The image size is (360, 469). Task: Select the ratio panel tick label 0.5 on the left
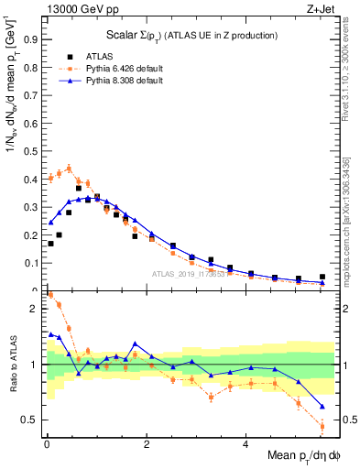(x=30, y=420)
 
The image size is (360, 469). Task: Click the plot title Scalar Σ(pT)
(x=183, y=36)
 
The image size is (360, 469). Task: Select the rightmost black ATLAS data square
(x=322, y=277)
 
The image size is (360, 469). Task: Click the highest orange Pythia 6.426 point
(x=69, y=169)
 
